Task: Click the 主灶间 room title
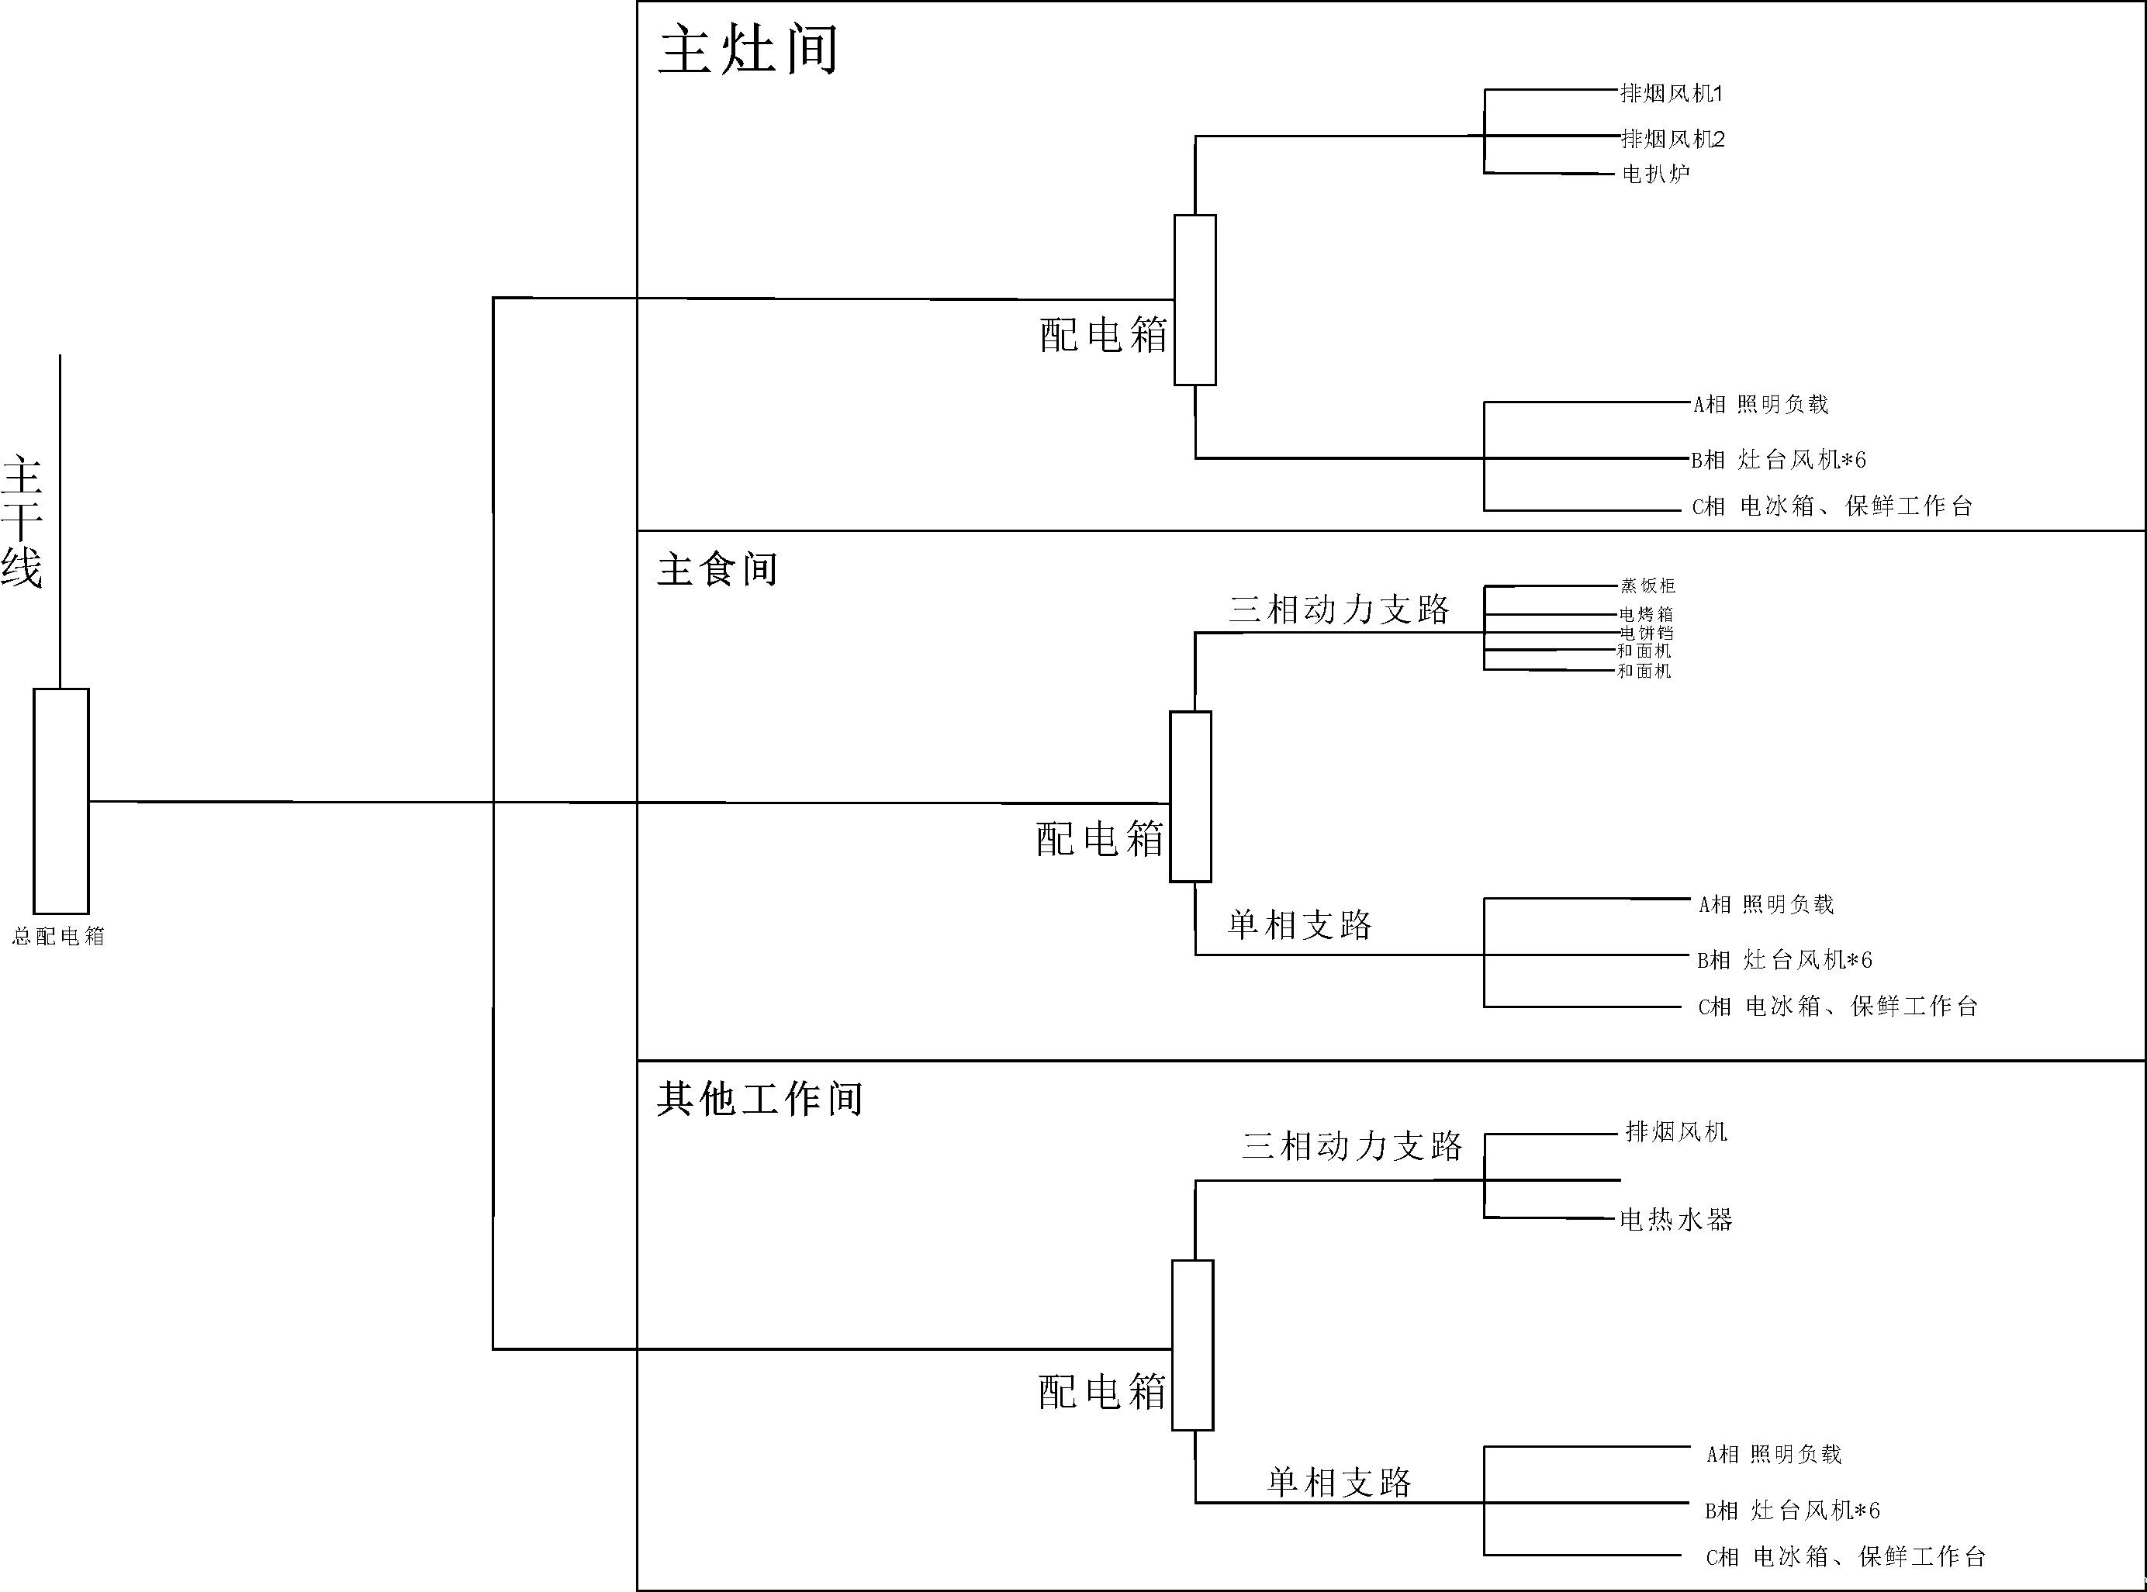[x=748, y=50]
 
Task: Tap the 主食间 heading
[x=717, y=568]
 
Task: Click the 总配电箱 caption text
[x=58, y=936]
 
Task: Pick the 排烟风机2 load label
[x=1673, y=139]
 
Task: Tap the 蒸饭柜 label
[x=1647, y=586]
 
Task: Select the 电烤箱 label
[x=1646, y=614]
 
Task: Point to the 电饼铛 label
[x=1646, y=633]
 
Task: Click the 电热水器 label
[x=1675, y=1220]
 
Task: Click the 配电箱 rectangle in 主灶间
[x=1195, y=299]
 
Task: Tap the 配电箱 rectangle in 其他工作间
[x=1193, y=1345]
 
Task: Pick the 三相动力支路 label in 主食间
[x=1340, y=609]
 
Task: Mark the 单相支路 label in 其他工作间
[x=1339, y=1482]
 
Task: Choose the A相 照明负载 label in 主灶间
[x=1761, y=405]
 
